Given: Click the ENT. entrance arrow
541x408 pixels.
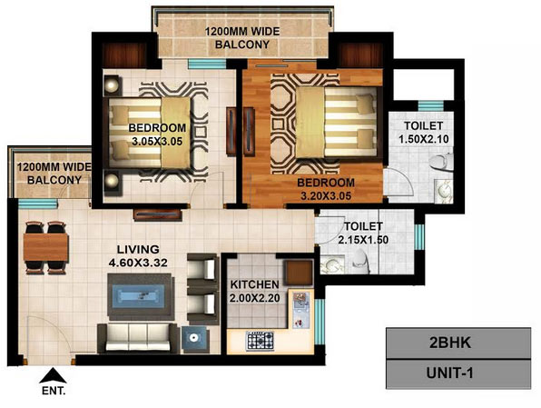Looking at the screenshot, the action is (x=53, y=375).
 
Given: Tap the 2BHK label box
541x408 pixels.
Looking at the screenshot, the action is (x=458, y=343).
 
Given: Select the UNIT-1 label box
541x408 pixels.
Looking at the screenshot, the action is (x=458, y=374).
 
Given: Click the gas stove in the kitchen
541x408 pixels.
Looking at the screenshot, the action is (x=260, y=341).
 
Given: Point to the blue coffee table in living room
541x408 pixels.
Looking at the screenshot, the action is (x=140, y=297).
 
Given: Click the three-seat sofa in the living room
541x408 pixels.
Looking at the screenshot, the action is (x=138, y=338).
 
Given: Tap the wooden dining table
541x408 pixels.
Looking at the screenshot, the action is (x=46, y=247).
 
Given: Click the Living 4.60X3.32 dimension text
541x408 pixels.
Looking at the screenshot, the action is (x=138, y=256).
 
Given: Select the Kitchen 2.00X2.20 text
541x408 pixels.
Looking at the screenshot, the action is (x=255, y=291).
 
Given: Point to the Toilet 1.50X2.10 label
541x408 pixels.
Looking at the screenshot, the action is (x=424, y=133).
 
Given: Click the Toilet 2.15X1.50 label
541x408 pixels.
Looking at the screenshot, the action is (x=363, y=234).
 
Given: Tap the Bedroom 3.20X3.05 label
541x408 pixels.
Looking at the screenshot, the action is (x=326, y=189).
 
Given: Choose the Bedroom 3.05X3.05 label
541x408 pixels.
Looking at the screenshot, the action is (x=157, y=134).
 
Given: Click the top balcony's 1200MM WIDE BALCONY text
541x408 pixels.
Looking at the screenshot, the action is (x=242, y=38).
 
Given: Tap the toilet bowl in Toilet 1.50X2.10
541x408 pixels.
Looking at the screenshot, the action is (x=441, y=162).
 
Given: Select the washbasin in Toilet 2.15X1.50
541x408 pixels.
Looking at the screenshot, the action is (x=332, y=265).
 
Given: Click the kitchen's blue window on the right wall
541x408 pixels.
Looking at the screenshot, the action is (x=320, y=322).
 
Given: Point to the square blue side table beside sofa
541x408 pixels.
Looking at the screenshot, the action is (x=195, y=339).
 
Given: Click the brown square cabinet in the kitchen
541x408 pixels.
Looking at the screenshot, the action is (x=298, y=273).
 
